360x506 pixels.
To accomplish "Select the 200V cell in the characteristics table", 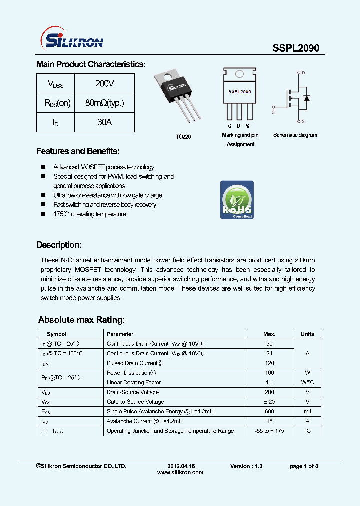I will [104, 84].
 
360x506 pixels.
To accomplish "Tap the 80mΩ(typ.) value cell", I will [104, 103].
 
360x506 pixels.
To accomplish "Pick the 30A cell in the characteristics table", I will [104, 122].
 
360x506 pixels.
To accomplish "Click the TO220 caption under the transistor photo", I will [183, 136].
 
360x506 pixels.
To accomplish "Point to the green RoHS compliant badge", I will [237, 200].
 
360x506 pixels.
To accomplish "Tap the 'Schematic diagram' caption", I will [295, 135].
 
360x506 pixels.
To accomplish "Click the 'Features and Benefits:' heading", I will [78, 151].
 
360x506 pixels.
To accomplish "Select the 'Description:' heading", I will [59, 245].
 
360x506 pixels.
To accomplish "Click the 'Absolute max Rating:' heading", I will [81, 320].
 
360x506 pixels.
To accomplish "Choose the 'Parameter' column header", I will [120, 334].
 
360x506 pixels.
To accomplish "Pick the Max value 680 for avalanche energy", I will [269, 411].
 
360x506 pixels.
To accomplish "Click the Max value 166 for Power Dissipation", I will [269, 373].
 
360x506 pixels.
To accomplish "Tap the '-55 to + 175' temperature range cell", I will [269, 431].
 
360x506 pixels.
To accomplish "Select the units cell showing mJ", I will [307, 411].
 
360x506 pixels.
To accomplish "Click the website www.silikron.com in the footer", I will [180, 473].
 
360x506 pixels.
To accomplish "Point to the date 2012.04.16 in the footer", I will [181, 466].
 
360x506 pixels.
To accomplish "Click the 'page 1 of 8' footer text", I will [304, 466].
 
